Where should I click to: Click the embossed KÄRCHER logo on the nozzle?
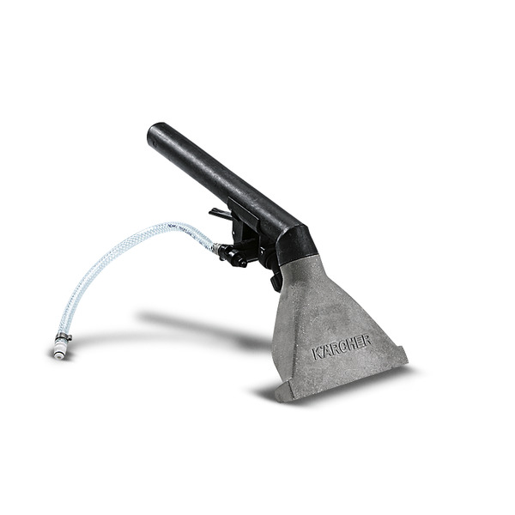click(x=342, y=347)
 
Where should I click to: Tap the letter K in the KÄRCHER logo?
click(x=317, y=354)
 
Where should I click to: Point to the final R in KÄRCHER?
click(x=367, y=341)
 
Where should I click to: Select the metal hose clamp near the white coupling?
click(x=64, y=336)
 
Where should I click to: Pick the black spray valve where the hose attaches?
click(x=233, y=253)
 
